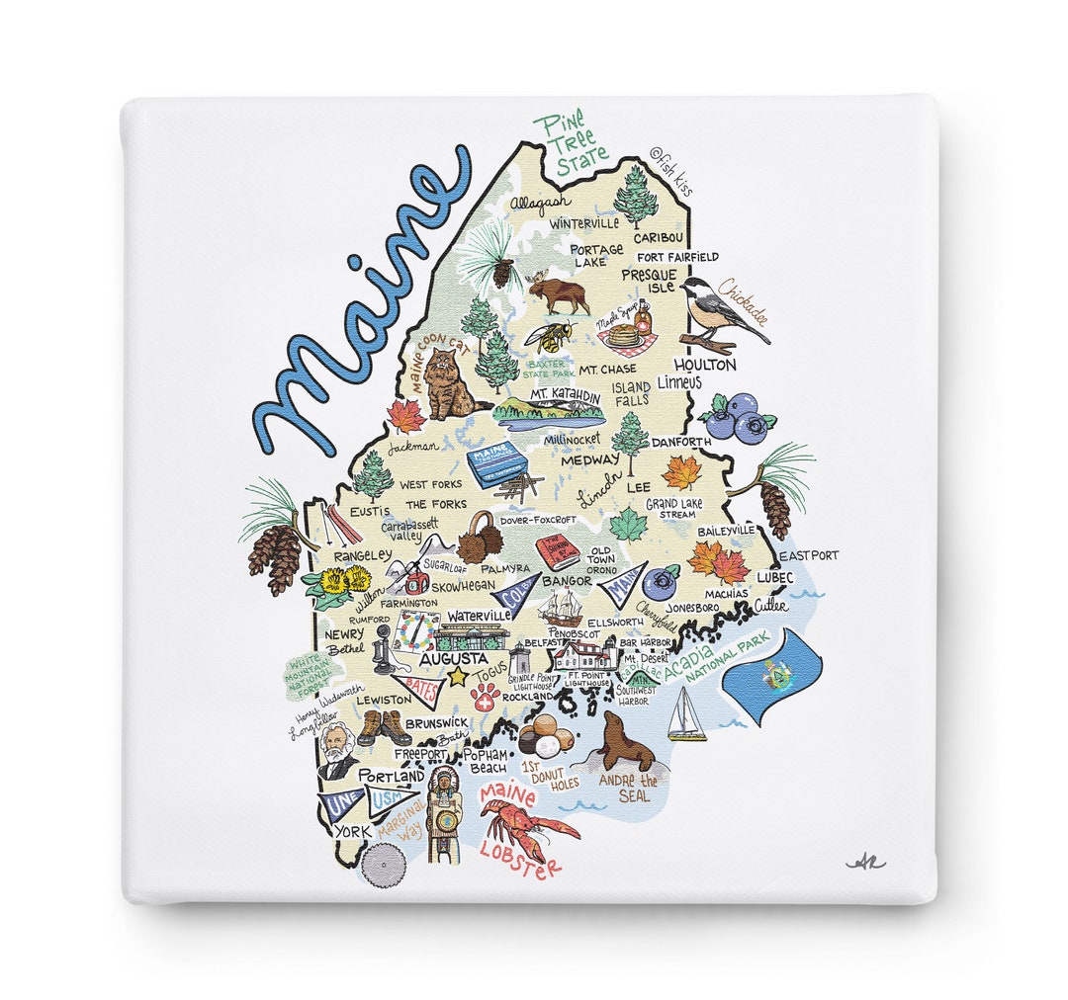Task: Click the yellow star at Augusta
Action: tap(457, 678)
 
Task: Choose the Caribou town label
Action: tap(658, 238)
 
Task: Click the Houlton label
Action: tap(705, 365)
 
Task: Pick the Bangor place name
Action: tap(567, 581)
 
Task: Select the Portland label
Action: tap(391, 776)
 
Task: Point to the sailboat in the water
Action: tap(685, 714)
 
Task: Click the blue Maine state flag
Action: tap(771, 676)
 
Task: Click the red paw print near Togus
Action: tap(484, 700)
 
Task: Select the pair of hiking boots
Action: tap(384, 729)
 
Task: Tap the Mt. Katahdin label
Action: tap(565, 395)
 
